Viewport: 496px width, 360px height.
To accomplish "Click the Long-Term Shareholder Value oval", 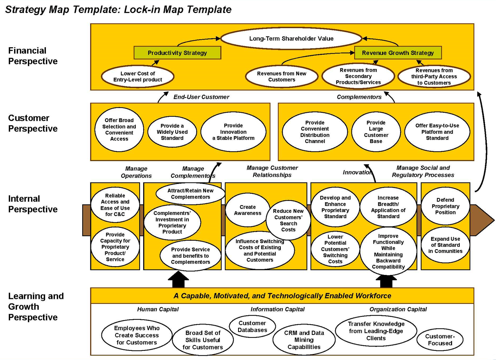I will point(291,38).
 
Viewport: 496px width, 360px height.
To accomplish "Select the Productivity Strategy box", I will point(177,53).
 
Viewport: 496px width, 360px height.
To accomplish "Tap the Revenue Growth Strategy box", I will point(398,53).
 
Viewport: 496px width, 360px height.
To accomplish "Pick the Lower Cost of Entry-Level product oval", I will point(138,77).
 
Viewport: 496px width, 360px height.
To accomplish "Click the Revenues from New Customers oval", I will point(282,77).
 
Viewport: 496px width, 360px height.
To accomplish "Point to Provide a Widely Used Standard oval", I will point(172,132).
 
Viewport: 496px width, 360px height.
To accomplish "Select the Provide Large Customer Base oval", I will point(376,132).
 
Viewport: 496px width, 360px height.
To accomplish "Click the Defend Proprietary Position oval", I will point(445,206).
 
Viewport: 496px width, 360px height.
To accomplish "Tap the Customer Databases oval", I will point(252,326).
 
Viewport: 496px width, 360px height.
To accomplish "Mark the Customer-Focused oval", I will point(440,340).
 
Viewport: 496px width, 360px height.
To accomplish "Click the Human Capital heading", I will point(158,309).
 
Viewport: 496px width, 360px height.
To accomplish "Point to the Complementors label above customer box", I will point(359,97).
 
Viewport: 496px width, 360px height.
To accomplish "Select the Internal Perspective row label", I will point(33,204).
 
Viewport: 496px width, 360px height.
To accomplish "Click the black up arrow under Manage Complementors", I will point(178,280).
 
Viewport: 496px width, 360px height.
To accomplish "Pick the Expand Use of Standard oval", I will point(445,245).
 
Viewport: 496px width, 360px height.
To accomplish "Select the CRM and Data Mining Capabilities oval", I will point(304,340).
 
